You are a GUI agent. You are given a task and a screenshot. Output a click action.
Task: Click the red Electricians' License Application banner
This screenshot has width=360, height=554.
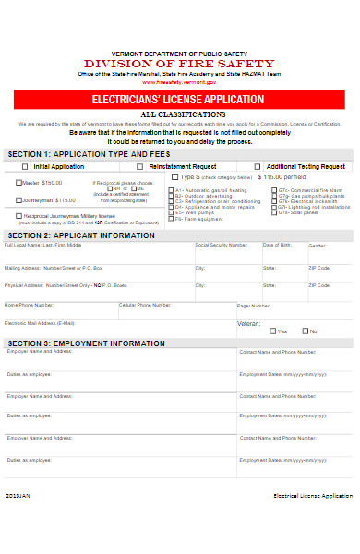[x=179, y=98]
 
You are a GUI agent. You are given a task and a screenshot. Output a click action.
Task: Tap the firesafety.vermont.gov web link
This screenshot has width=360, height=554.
[x=180, y=81]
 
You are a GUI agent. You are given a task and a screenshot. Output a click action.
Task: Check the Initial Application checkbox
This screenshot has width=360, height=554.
[x=25, y=167]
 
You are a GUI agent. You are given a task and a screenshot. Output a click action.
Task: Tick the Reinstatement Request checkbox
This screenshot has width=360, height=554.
[x=138, y=167]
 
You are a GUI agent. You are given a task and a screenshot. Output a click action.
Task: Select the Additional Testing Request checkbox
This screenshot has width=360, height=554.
[x=246, y=167]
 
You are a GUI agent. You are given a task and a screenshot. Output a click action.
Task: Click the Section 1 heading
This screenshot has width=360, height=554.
[x=74, y=155]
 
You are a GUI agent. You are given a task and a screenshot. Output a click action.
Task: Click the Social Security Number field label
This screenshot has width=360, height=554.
[x=222, y=246]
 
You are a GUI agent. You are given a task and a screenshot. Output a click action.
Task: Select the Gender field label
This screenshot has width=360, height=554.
[x=318, y=247]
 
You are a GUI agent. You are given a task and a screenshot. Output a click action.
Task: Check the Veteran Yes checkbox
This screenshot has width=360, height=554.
[x=270, y=331]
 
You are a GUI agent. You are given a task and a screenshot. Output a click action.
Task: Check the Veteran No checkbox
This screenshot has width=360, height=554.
[x=304, y=331]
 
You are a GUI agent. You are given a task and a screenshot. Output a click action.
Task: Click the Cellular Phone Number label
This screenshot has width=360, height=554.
[x=145, y=304]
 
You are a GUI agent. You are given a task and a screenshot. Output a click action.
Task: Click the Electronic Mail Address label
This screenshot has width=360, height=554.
[x=40, y=323]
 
